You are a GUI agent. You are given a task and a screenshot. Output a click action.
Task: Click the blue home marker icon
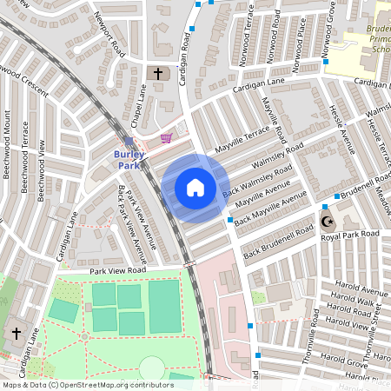(195, 188)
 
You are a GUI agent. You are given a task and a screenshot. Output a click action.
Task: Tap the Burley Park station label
(128, 159)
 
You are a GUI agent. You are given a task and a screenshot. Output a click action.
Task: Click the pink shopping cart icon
(166, 138)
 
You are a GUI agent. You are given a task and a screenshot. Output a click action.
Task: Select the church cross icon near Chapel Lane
(157, 75)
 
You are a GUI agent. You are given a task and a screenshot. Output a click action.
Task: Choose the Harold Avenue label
(359, 291)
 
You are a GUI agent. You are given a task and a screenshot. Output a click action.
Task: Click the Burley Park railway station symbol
(129, 141)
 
